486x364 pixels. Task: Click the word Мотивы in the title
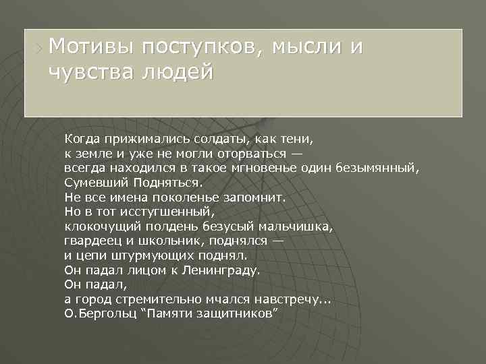click(85, 47)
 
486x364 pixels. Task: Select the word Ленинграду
click(223, 271)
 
